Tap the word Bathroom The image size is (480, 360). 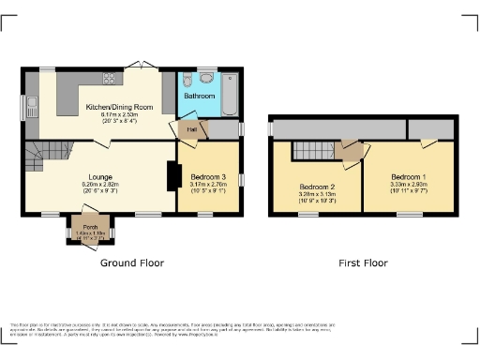(x=199, y=97)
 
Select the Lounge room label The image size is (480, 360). (x=100, y=177)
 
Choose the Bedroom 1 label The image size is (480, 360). (x=409, y=177)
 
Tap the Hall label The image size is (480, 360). (x=191, y=129)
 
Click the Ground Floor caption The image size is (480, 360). (x=131, y=263)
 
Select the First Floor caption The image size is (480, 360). (x=363, y=263)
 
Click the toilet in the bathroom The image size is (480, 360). (x=189, y=78)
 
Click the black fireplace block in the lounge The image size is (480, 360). (x=172, y=176)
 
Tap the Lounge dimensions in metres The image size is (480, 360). (x=100, y=186)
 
